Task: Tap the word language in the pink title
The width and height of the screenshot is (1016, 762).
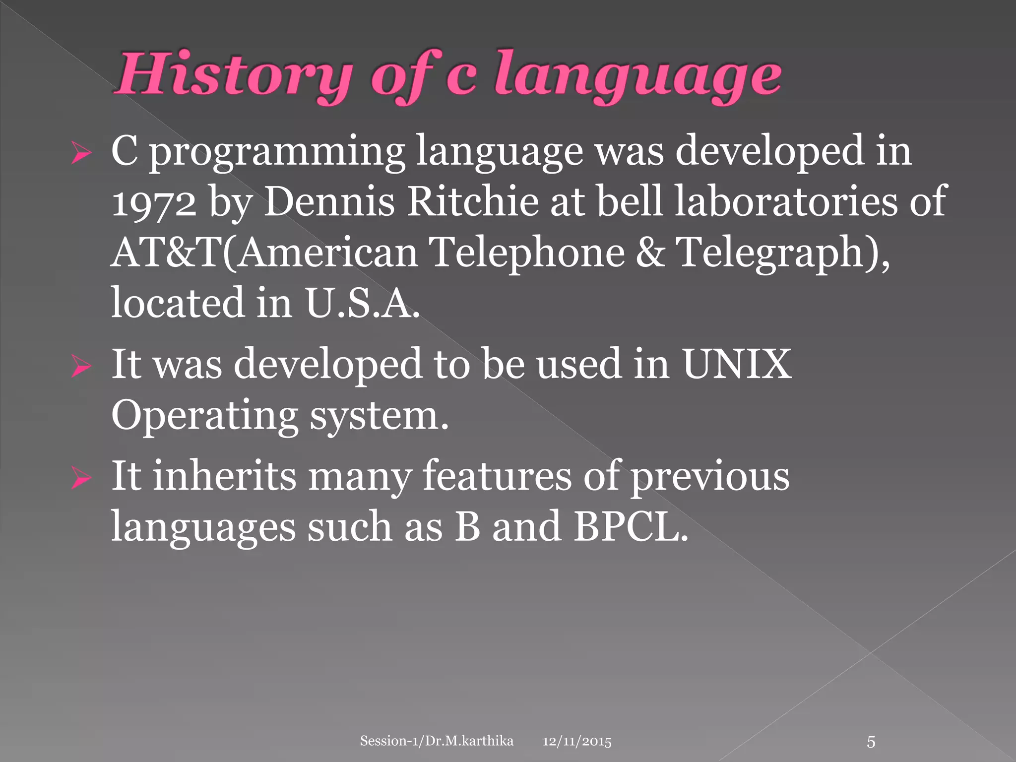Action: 637,75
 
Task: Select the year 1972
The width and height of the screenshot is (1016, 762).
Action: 153,202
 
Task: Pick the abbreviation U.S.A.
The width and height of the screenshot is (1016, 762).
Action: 362,303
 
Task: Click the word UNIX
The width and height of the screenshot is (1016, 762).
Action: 736,364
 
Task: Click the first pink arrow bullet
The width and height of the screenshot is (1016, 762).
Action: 81,153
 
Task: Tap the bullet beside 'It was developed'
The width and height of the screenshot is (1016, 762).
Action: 81,367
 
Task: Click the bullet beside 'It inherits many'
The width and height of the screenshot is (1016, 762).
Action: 81,478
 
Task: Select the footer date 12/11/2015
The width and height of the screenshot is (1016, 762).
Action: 576,742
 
